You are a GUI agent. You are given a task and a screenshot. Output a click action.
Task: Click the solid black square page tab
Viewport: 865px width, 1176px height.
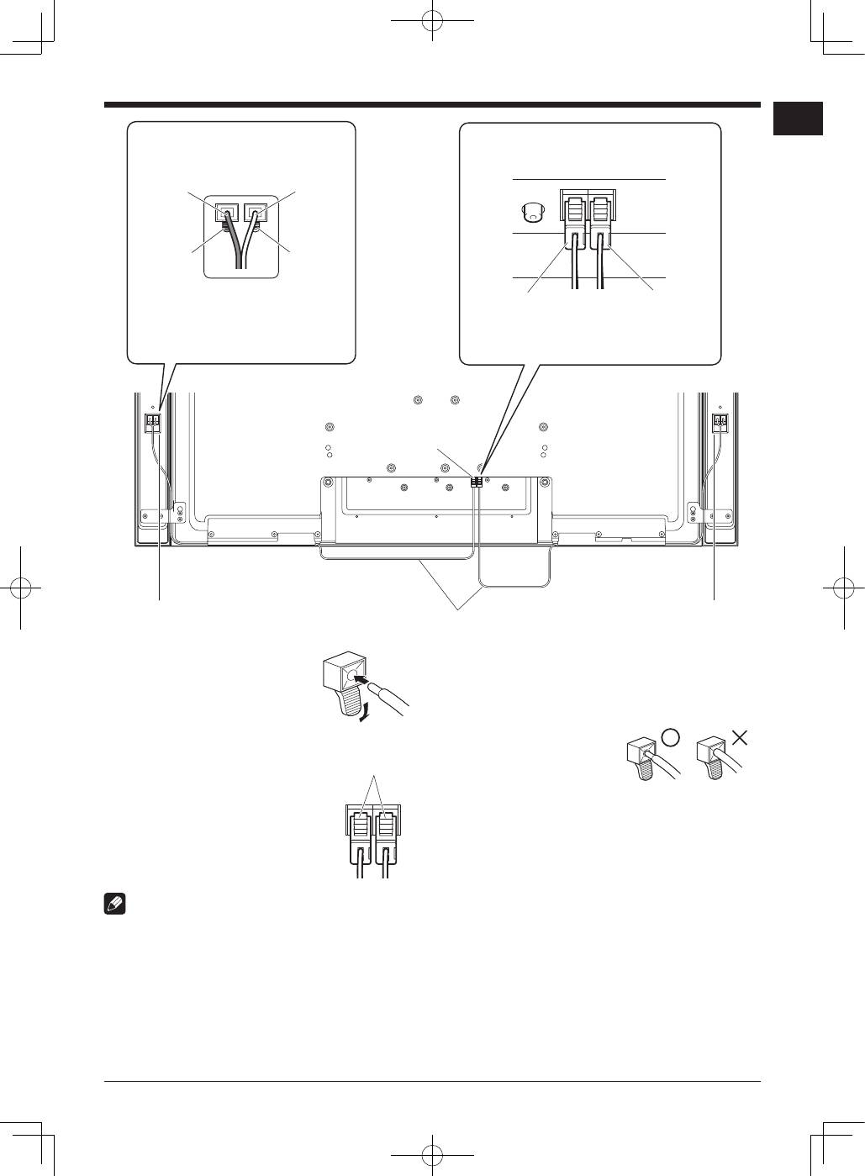798,119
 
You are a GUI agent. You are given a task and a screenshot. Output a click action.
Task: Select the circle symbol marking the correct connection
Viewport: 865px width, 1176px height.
670,737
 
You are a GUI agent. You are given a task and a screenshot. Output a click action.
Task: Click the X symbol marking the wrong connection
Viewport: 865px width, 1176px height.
739,737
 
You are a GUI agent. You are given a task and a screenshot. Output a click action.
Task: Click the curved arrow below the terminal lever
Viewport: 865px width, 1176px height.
362,714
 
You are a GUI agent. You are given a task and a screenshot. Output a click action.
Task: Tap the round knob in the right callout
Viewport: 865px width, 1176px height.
530,212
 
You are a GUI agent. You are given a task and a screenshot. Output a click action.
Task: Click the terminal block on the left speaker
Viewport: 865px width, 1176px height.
153,421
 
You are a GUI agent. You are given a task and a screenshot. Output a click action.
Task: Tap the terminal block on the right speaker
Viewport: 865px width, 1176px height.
720,421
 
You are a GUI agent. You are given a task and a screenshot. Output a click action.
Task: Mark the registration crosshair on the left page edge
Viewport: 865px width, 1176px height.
21,588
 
